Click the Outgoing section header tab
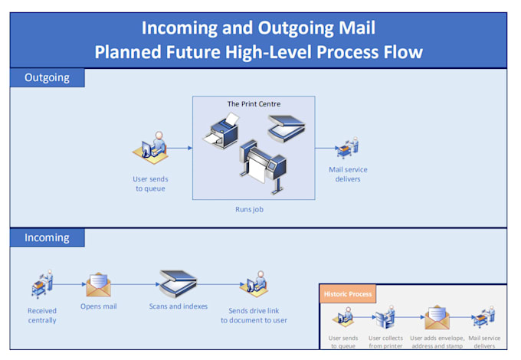47,77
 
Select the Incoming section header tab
47,237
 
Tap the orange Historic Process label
347,294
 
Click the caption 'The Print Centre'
253,103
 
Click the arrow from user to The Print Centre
179,149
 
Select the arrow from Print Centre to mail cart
325,149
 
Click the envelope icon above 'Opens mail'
98,285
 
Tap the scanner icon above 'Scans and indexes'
178,282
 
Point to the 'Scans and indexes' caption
178,306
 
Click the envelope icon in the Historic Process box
437,316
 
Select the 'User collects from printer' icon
385,316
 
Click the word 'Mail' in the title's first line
349,28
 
